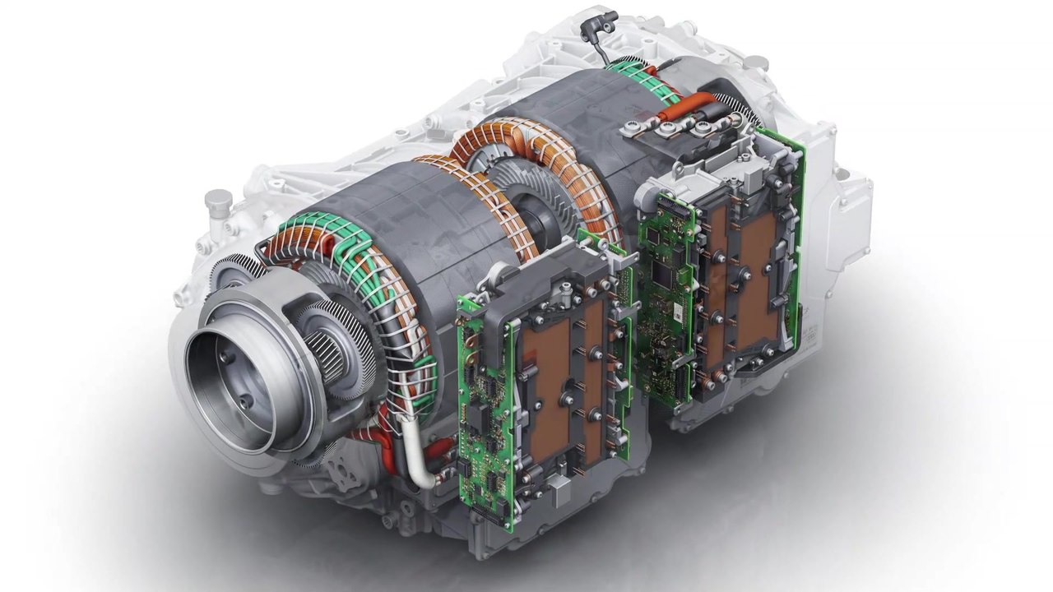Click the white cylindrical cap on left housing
218,201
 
